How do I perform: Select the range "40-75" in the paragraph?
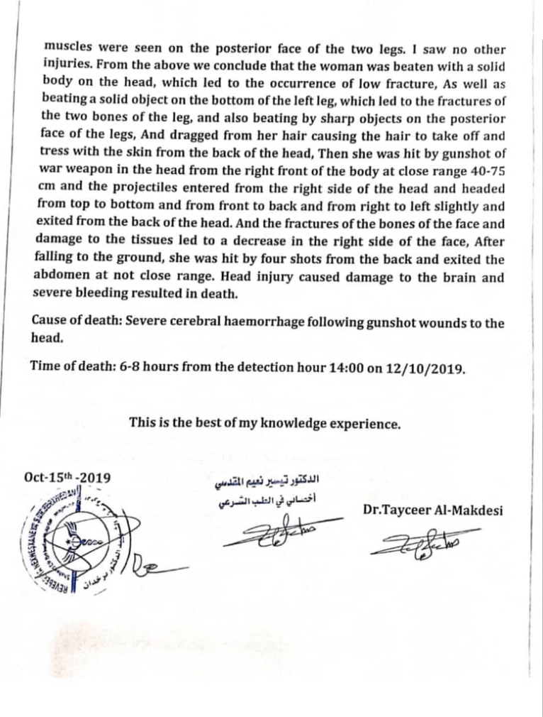pos(489,173)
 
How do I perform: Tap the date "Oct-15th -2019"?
pos(62,478)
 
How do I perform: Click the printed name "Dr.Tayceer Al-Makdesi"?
pos(432,510)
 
